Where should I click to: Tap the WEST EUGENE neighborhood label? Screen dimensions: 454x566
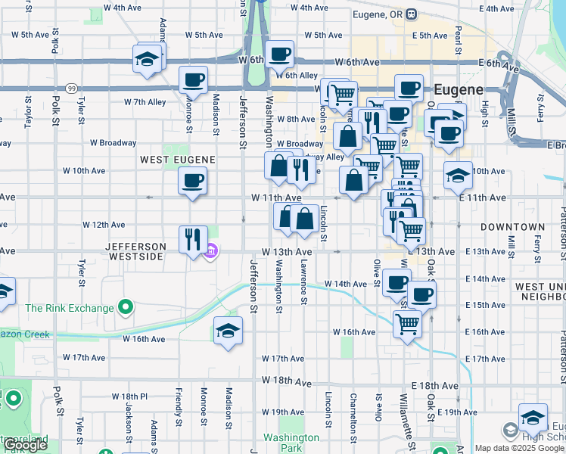(178, 160)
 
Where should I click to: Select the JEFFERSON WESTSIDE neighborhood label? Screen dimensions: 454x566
(135, 252)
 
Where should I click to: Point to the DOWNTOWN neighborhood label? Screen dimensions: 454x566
(513, 227)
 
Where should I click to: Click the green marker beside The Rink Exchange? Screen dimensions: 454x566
(126, 308)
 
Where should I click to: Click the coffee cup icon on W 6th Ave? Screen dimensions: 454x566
(280, 54)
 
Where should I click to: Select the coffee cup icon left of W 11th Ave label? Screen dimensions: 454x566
(192, 180)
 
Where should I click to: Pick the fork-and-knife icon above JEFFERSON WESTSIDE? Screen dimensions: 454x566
(192, 238)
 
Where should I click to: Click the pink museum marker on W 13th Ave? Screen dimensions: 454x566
(211, 251)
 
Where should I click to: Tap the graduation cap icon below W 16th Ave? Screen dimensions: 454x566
(227, 331)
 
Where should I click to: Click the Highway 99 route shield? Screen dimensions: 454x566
(70, 88)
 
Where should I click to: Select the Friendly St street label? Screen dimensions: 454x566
(179, 406)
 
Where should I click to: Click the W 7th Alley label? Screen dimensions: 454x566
(145, 102)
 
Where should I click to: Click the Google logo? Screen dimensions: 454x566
(25, 445)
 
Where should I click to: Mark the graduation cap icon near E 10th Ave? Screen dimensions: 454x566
(458, 176)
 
